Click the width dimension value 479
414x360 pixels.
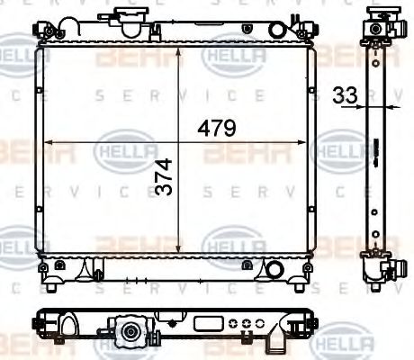pyautogui.click(x=217, y=129)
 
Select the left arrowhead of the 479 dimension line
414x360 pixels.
pyautogui.click(x=49, y=141)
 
